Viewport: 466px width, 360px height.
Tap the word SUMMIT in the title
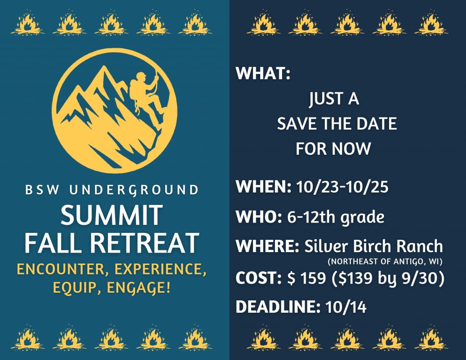point(111,215)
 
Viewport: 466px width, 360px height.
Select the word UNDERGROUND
point(134,190)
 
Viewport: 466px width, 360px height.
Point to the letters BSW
point(42,190)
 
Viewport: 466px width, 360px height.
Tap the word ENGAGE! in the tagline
point(138,288)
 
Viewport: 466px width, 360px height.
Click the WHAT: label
point(263,73)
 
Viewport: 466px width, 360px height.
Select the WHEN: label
point(263,187)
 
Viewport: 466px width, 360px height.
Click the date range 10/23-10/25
point(342,187)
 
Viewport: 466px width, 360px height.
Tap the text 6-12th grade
point(335,217)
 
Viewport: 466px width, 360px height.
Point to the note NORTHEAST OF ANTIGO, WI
point(385,262)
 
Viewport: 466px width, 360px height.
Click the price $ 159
point(307,278)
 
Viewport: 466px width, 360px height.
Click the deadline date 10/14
point(346,307)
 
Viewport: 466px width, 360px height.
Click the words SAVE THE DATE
point(337,124)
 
